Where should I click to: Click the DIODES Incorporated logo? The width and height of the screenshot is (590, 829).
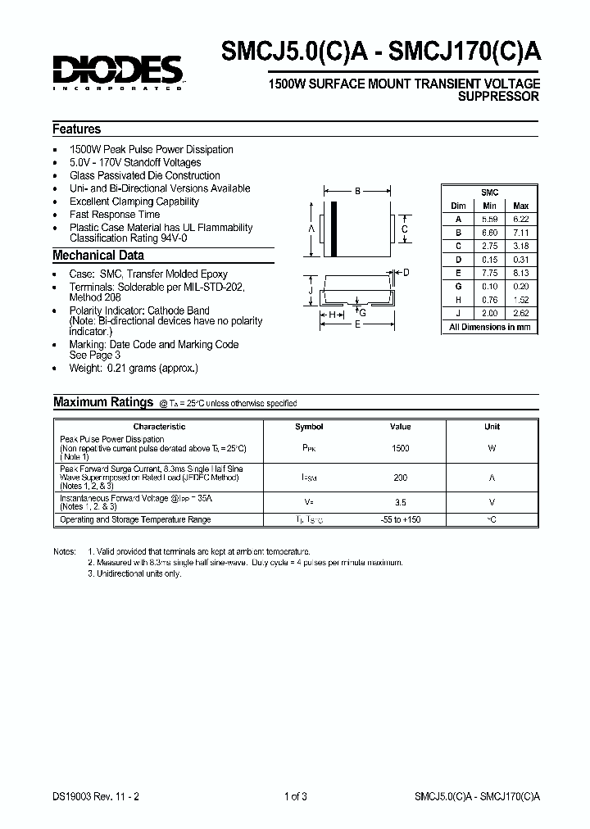pyautogui.click(x=118, y=72)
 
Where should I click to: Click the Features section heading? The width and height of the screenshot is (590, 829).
pyautogui.click(x=77, y=129)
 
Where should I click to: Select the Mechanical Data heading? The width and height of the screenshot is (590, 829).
pyautogui.click(x=98, y=256)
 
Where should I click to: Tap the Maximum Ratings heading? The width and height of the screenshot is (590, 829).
pyautogui.click(x=103, y=402)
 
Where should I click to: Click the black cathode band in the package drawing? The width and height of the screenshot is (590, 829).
pyautogui.click(x=334, y=229)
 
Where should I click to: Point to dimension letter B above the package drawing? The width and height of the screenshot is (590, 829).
pyautogui.click(x=357, y=192)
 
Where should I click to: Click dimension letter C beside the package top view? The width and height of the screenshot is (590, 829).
pyautogui.click(x=404, y=229)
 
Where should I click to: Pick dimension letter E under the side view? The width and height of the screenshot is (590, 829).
pyautogui.click(x=356, y=324)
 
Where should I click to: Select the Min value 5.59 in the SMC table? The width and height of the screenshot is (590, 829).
pyautogui.click(x=489, y=220)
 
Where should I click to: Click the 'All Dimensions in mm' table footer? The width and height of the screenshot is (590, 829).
pyautogui.click(x=489, y=327)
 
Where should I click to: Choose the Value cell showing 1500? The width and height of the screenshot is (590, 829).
pyautogui.click(x=401, y=449)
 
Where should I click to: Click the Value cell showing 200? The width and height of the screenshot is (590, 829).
pyautogui.click(x=401, y=477)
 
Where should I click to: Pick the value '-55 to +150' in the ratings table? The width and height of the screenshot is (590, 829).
pyautogui.click(x=401, y=520)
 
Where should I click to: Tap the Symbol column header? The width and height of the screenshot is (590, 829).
pyautogui.click(x=309, y=427)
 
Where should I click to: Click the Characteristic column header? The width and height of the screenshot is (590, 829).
pyautogui.click(x=159, y=427)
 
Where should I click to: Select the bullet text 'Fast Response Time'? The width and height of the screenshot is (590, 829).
pyautogui.click(x=115, y=215)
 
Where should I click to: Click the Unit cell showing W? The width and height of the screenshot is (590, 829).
pyautogui.click(x=492, y=449)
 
